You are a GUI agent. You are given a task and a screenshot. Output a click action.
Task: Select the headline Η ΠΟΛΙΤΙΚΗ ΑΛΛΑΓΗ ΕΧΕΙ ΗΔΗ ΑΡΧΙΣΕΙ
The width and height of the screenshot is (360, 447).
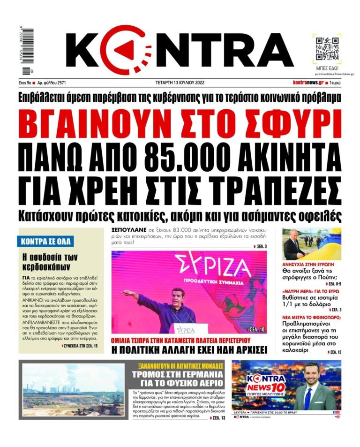188,349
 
